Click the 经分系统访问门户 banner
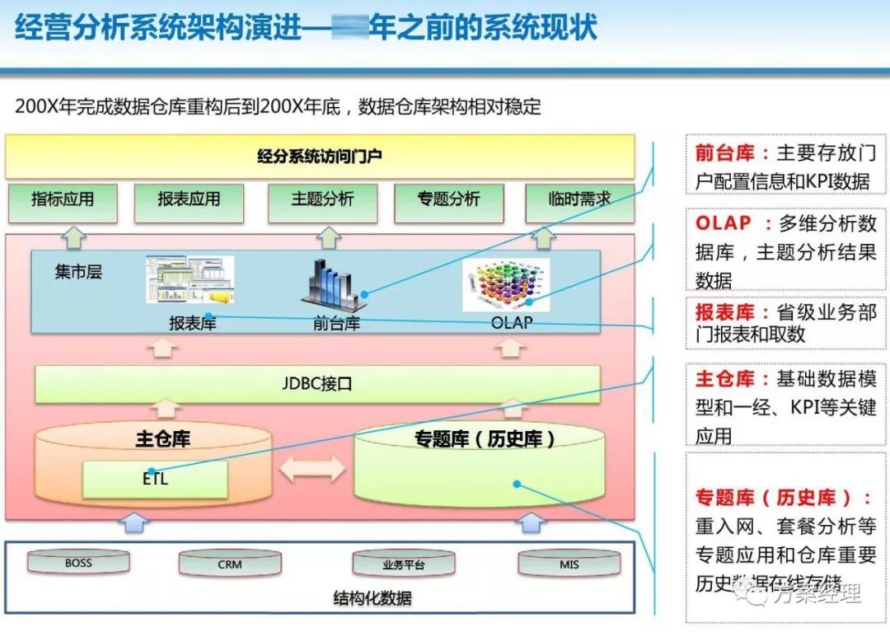(320, 156)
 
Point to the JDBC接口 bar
(317, 384)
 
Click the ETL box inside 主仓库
(155, 479)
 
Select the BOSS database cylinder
(79, 564)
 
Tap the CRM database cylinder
(230, 564)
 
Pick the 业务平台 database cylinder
(404, 564)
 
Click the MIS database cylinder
(569, 564)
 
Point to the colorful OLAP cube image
(506, 285)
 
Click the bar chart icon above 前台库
(336, 285)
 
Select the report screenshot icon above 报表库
(190, 280)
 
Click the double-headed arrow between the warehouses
(312, 469)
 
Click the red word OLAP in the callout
(724, 223)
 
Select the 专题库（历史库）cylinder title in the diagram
(484, 439)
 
